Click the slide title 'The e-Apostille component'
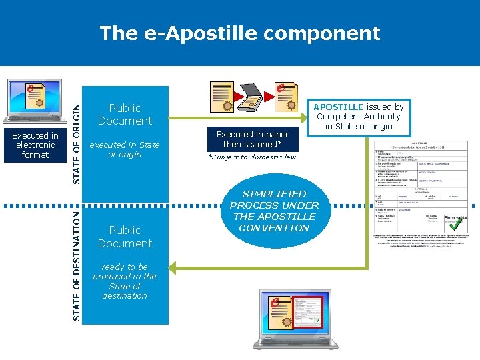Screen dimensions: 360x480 pyautogui.click(x=239, y=33)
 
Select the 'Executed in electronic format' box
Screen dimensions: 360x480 pyautogui.click(x=35, y=145)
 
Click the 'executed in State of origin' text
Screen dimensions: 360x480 pyautogui.click(x=125, y=149)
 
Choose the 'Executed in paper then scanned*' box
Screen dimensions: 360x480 pyautogui.click(x=253, y=139)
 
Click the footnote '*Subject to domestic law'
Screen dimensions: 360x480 pyautogui.click(x=252, y=157)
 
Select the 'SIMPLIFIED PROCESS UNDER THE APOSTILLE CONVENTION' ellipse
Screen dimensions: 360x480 pyautogui.click(x=274, y=211)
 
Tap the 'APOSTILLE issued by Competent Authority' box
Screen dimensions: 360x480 pyautogui.click(x=359, y=116)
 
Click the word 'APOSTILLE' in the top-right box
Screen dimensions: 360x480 pyautogui.click(x=338, y=107)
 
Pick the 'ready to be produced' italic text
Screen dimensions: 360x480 pyautogui.click(x=125, y=281)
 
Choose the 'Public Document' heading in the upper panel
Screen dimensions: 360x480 pyautogui.click(x=125, y=114)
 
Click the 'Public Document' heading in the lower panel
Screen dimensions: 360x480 pyautogui.click(x=125, y=237)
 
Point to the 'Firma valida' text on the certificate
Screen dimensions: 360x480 pyautogui.click(x=455, y=217)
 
